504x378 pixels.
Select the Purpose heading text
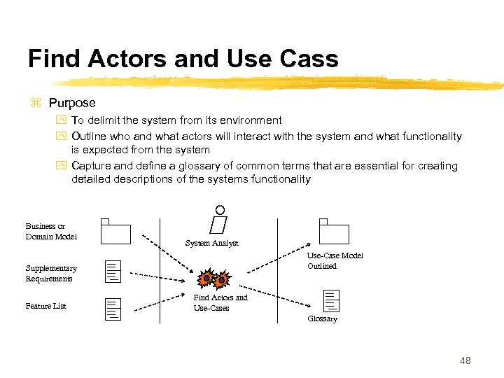coord(72,103)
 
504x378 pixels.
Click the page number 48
coord(465,360)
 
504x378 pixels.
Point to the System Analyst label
coord(211,243)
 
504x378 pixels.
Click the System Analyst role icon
coord(220,219)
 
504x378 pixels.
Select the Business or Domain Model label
coord(51,231)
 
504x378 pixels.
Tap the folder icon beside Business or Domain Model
coord(115,231)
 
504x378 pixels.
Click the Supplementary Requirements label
coord(51,274)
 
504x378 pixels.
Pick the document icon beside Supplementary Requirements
coord(113,271)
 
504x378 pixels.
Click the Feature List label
coord(45,306)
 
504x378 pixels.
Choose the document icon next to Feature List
coord(113,309)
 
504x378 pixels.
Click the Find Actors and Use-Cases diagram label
coord(220,302)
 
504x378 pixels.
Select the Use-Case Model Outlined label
coord(335,260)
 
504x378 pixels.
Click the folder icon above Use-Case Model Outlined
coord(334,231)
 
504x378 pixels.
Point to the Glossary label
coord(322,318)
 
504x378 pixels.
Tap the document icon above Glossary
coord(332,300)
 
